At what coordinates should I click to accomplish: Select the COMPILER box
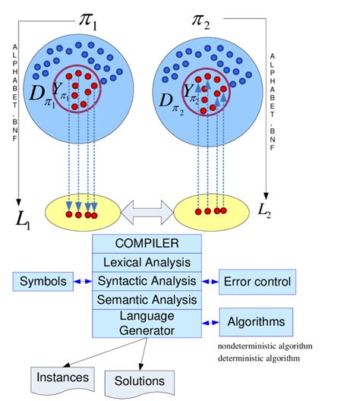[147, 243]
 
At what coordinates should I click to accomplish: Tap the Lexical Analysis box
[147, 262]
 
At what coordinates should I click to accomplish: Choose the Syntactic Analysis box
[147, 281]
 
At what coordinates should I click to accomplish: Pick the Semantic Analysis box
[147, 300]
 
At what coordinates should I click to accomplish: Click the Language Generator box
[147, 324]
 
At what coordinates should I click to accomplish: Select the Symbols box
[44, 282]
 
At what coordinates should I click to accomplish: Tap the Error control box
[257, 282]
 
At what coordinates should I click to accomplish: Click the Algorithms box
[256, 322]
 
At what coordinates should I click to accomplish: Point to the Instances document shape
[63, 377]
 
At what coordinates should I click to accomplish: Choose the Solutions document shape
[138, 380]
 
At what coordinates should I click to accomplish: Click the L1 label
[24, 220]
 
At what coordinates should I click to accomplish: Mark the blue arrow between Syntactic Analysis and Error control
[210, 282]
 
